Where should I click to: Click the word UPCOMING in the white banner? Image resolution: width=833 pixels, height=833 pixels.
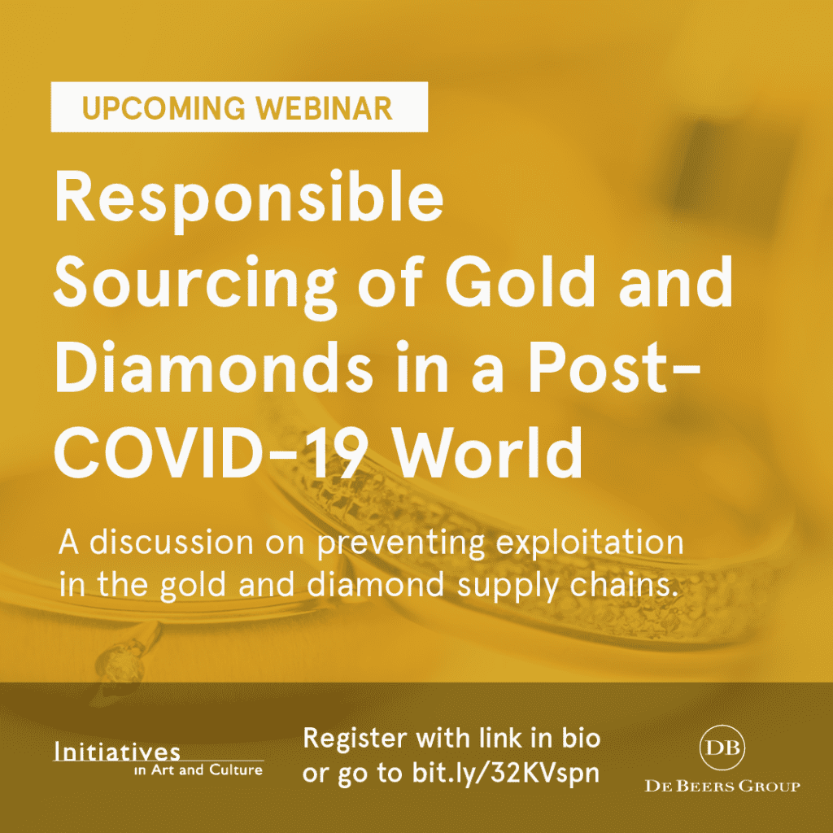[164, 108]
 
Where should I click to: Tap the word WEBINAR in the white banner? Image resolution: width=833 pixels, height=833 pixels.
[325, 108]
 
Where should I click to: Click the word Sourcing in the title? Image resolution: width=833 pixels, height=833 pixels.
[195, 286]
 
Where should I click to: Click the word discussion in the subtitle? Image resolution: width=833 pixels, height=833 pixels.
[172, 543]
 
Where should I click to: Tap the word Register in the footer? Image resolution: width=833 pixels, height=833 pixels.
[355, 739]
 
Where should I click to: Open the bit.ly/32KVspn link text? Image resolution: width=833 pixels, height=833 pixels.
[505, 774]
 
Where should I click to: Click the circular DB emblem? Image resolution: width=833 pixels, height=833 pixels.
[722, 747]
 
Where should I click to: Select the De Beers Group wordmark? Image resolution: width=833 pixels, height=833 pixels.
[722, 787]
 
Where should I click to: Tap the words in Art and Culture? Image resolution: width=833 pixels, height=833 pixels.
[198, 770]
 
